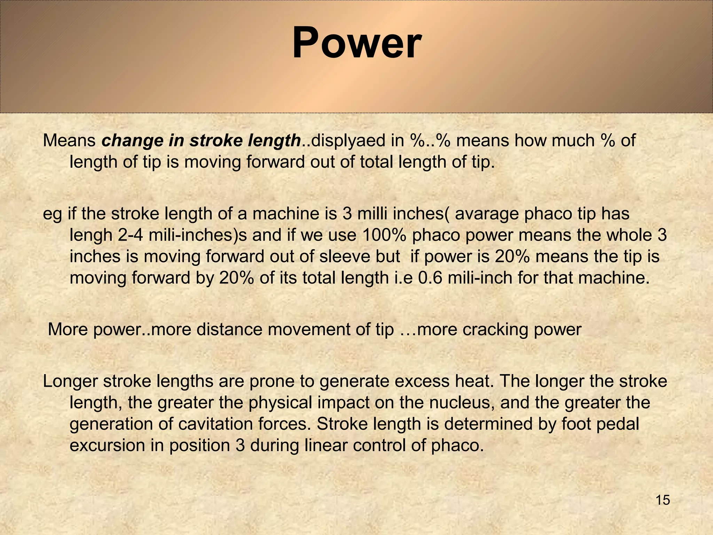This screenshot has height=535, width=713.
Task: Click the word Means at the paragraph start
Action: coord(69,141)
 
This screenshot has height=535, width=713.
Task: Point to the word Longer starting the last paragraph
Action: coord(70,382)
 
